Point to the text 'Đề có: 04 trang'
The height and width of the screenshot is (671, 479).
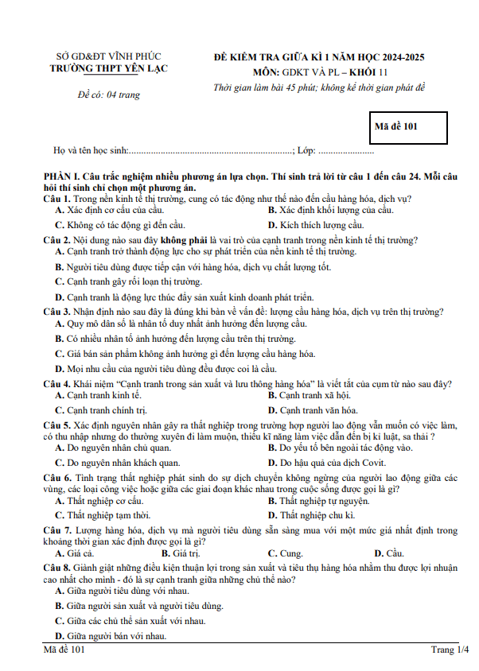pos(109,95)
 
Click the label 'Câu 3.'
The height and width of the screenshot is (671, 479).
pos(58,312)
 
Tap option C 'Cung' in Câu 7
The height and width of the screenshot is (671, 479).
pos(290,553)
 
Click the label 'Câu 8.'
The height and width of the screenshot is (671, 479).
pos(58,568)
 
